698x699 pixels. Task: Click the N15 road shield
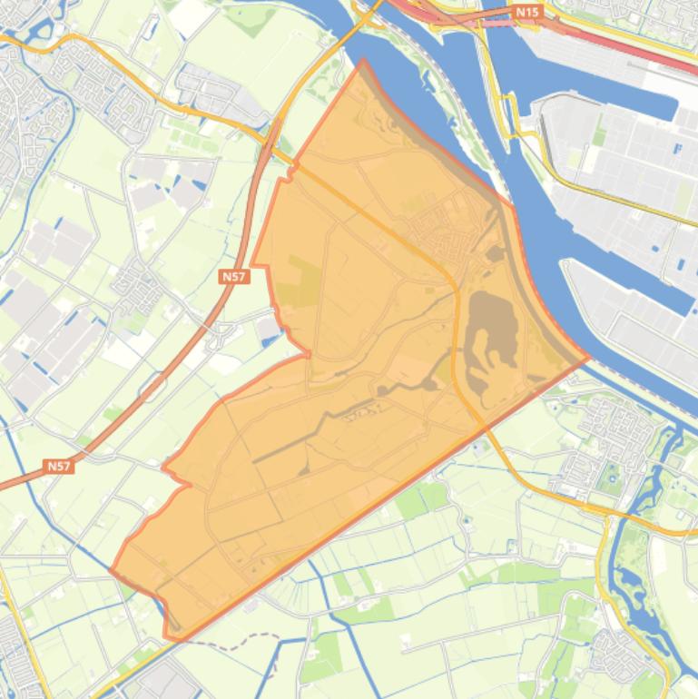[526, 12]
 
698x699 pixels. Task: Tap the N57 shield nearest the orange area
[233, 277]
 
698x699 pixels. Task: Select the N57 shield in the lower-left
[58, 466]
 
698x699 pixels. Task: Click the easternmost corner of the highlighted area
[588, 358]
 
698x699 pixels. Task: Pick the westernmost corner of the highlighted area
[111, 572]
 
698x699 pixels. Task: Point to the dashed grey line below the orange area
[227, 645]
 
